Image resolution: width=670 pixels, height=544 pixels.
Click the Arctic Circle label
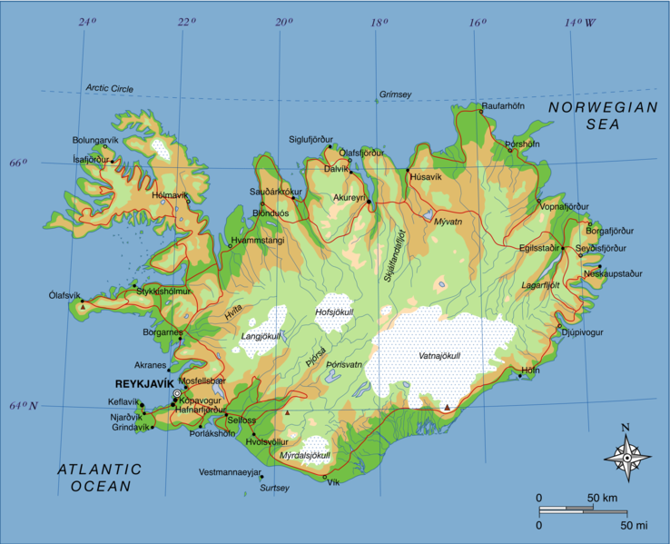click(109, 88)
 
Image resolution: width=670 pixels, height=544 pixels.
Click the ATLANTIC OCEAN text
click(100, 478)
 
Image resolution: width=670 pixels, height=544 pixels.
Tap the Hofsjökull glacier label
click(333, 312)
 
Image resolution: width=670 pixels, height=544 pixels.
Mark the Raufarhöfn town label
click(504, 106)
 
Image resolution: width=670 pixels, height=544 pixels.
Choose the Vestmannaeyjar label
click(229, 472)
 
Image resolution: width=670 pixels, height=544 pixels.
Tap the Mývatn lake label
click(448, 222)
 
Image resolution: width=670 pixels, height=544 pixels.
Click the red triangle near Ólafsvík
click(83, 307)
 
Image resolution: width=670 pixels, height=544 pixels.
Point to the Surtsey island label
click(274, 488)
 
